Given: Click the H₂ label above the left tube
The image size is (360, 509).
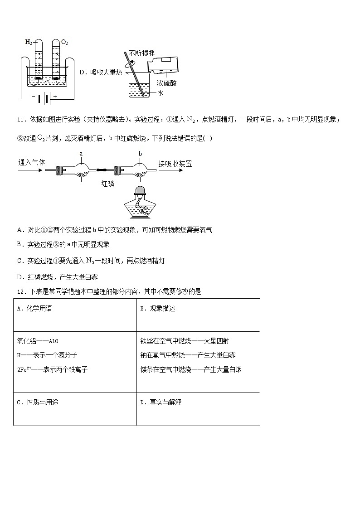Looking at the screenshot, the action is [x=28, y=42].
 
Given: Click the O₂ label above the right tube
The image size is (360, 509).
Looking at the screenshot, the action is [x=64, y=42].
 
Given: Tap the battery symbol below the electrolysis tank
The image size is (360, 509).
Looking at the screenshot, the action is [x=43, y=97].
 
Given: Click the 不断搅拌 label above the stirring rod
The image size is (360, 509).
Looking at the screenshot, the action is [x=141, y=53].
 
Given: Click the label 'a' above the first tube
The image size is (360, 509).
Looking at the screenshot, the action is [x=81, y=154].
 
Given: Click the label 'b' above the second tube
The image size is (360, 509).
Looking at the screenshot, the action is [x=141, y=154].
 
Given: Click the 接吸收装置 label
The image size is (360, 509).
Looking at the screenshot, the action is [x=175, y=163].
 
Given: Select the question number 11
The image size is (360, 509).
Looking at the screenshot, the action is [x=20, y=119].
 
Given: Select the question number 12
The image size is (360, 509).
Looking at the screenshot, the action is [x=20, y=291].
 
